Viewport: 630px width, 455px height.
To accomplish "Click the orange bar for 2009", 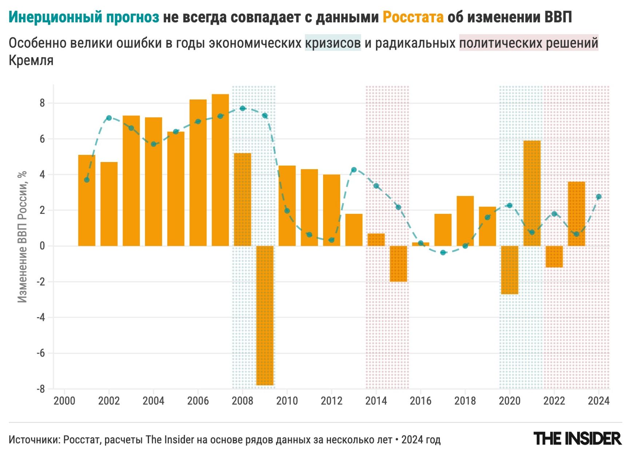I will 265,315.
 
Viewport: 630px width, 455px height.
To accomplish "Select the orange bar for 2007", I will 220,170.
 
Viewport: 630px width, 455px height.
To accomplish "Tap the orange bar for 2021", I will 532,193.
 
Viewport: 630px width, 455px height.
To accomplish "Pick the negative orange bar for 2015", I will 398,264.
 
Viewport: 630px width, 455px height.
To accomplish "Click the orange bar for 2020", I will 509,270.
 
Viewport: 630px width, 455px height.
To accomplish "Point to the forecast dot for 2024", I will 599,197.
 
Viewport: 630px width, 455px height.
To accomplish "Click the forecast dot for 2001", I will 87,180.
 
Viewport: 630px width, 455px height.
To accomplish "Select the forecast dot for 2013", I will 354,169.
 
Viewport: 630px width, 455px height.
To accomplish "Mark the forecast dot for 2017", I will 443,252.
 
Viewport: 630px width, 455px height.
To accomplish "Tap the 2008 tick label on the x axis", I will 242,401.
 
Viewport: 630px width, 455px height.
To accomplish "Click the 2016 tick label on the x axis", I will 420,401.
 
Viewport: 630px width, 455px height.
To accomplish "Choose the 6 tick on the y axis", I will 42,139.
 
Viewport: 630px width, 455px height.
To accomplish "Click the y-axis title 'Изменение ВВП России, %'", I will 23,237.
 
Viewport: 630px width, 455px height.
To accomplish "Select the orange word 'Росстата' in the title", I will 413,17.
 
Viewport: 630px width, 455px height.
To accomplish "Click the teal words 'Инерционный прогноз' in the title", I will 84,17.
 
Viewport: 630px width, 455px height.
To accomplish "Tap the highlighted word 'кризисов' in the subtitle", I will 333,43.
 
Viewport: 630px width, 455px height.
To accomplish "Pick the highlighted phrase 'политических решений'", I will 529,43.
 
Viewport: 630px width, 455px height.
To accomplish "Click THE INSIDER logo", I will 577,439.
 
